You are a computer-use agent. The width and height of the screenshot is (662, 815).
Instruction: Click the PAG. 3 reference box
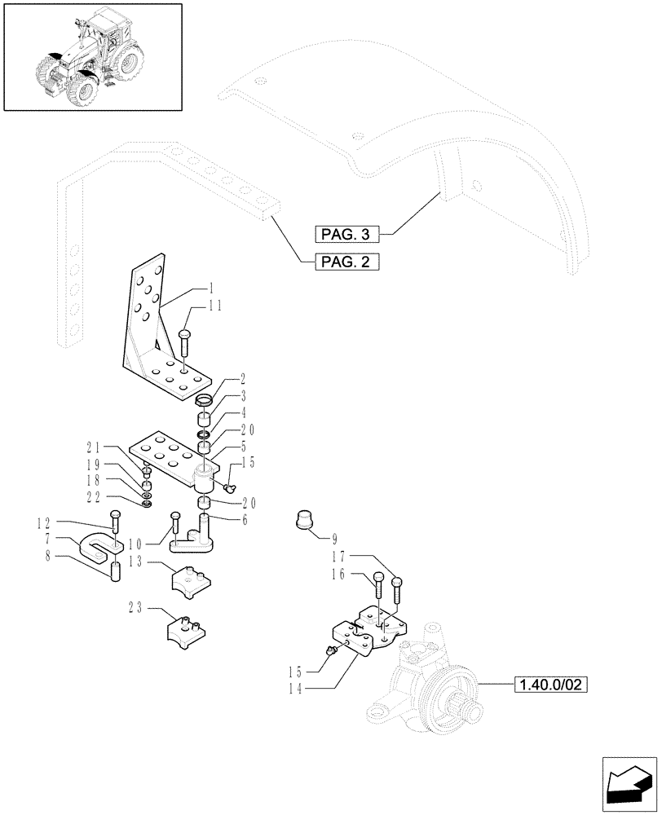coord(346,235)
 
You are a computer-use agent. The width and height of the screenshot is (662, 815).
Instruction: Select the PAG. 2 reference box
coord(346,262)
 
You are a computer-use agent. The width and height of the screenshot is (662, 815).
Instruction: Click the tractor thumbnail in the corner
coord(92,56)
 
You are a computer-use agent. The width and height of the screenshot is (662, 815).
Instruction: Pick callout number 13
coord(135,562)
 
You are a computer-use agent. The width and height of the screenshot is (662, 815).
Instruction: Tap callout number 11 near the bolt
coord(214,306)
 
